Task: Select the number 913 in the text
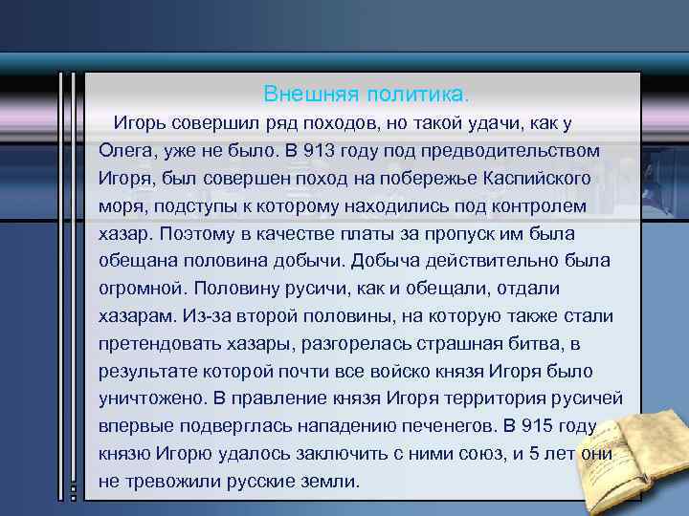tap(317, 151)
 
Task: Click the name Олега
tap(126, 151)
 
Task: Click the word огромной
tap(140, 289)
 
